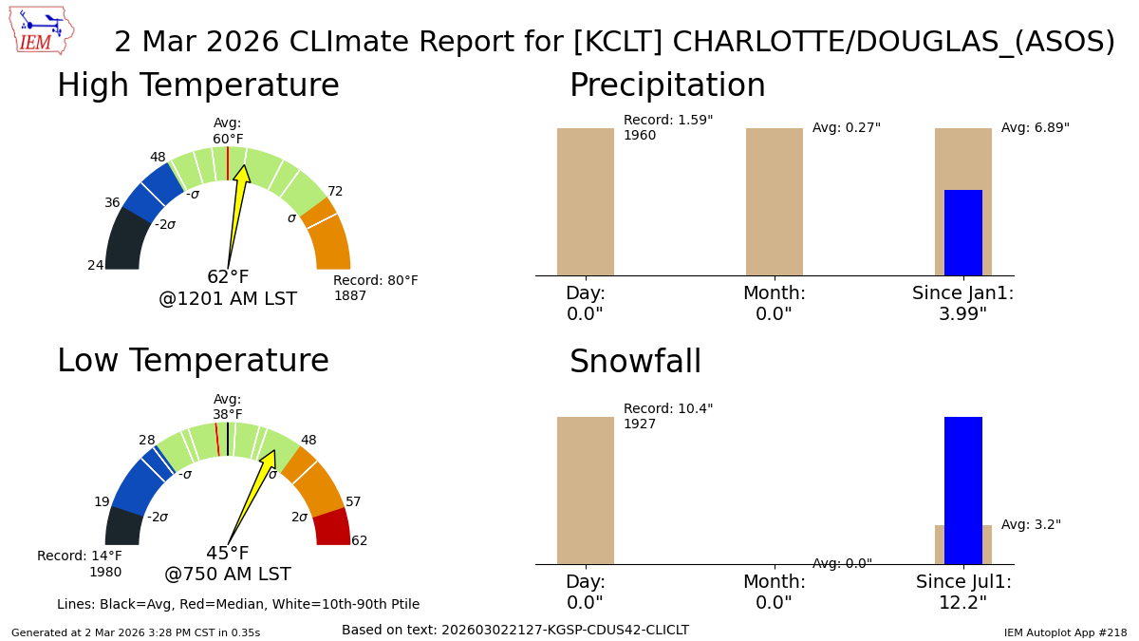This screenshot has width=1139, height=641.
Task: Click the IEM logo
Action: click(42, 30)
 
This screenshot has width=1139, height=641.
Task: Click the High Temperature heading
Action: click(197, 86)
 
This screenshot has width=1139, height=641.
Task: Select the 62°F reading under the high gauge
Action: click(228, 277)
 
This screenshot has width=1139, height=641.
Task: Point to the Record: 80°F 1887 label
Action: click(375, 289)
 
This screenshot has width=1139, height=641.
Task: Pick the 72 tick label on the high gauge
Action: click(335, 192)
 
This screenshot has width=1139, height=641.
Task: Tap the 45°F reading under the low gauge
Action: click(228, 554)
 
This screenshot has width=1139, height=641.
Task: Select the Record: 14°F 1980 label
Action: click(80, 564)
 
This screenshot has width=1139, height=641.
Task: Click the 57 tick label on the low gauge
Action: click(353, 502)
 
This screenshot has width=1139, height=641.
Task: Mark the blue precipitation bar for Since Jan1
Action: click(962, 233)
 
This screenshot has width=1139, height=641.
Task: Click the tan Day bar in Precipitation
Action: click(585, 201)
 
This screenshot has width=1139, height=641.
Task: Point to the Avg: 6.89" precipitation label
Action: click(1035, 128)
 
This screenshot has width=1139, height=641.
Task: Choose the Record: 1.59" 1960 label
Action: click(667, 128)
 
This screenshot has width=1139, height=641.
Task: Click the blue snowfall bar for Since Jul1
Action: click(962, 490)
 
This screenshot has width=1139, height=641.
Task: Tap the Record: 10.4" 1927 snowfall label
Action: click(667, 417)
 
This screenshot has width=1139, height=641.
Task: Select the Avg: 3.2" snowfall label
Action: click(1031, 525)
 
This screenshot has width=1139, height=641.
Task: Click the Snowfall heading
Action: click(635, 363)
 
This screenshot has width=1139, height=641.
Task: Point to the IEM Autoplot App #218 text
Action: click(1065, 632)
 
